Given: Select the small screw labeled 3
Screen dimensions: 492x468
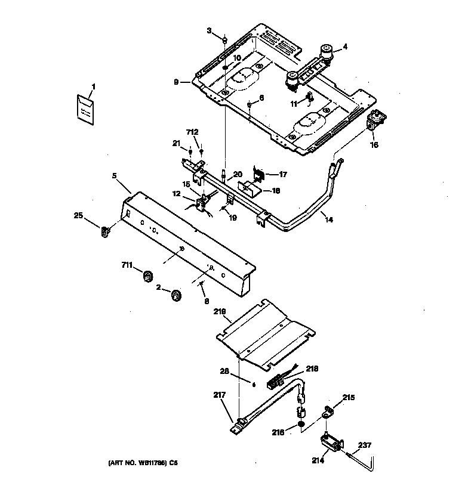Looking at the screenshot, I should point(224,41).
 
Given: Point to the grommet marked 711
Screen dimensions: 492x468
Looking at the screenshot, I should point(147,276).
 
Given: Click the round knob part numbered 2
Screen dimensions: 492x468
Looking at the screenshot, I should point(176,295).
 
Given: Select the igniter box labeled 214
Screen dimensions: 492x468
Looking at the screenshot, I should point(331,443).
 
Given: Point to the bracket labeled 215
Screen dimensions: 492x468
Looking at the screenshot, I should point(328,411).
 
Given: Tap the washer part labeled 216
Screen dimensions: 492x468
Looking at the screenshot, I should point(301,425).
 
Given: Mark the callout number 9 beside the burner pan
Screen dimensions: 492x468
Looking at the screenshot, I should point(176,82).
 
